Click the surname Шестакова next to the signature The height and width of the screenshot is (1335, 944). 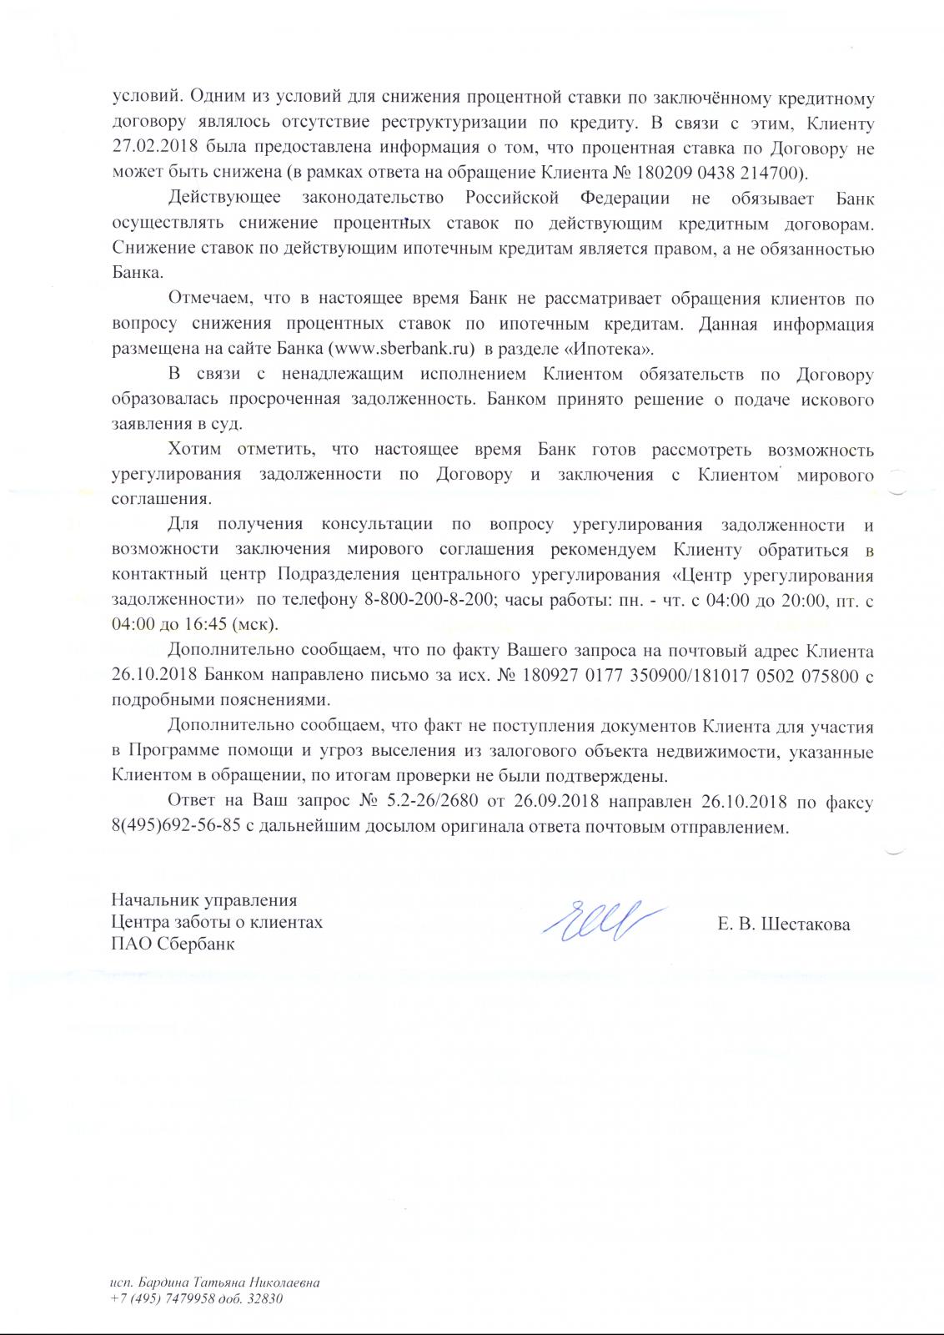[804, 924]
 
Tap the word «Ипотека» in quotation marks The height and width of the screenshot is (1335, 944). [615, 348]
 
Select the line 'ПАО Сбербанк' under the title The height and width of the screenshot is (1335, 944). [173, 945]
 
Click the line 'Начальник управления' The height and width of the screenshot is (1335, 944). [204, 900]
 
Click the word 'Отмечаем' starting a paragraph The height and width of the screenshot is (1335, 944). [208, 298]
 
